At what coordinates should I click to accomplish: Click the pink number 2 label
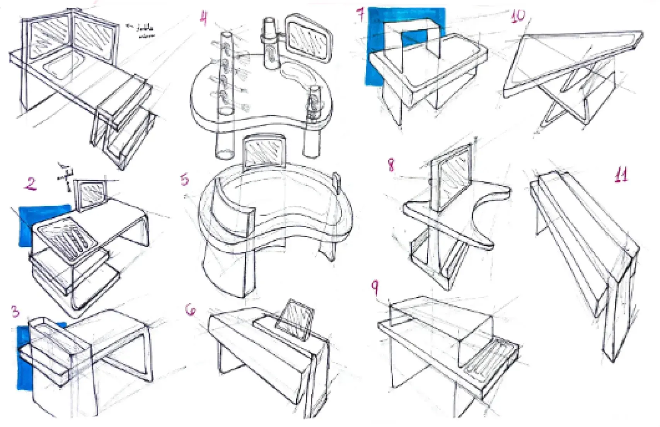pos(31,184)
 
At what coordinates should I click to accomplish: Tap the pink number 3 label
pos(15,311)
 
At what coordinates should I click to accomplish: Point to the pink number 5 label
pos(184,179)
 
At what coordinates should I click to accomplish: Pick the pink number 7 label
pos(360,15)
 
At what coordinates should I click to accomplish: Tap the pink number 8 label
pos(391,165)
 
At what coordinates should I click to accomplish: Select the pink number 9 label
pos(375,288)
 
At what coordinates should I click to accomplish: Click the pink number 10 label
pos(518,16)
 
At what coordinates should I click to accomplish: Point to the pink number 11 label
pos(621,175)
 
